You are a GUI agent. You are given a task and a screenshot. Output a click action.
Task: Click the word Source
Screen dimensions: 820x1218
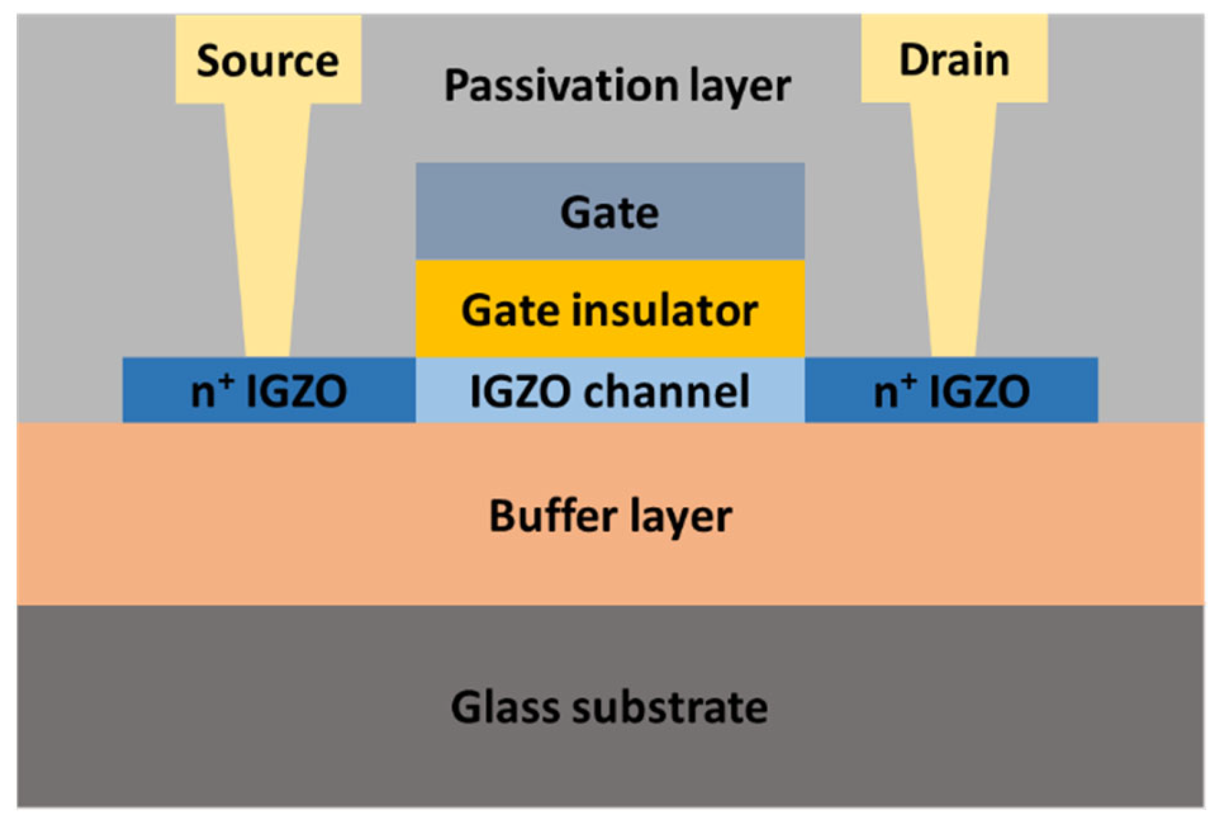[267, 61]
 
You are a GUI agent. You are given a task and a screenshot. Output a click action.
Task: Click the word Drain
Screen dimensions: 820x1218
[954, 60]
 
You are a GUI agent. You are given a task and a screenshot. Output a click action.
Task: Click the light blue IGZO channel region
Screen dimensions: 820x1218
[610, 390]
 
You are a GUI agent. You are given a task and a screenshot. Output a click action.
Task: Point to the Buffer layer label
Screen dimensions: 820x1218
[610, 516]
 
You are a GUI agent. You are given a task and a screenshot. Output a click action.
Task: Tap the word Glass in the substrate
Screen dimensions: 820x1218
[505, 707]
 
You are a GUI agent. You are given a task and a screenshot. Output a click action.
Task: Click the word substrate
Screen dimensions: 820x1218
[670, 707]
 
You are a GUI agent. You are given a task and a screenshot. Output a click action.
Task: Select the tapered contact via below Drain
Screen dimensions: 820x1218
[953, 229]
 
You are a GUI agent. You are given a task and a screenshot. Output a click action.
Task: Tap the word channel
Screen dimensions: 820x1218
[666, 390]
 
